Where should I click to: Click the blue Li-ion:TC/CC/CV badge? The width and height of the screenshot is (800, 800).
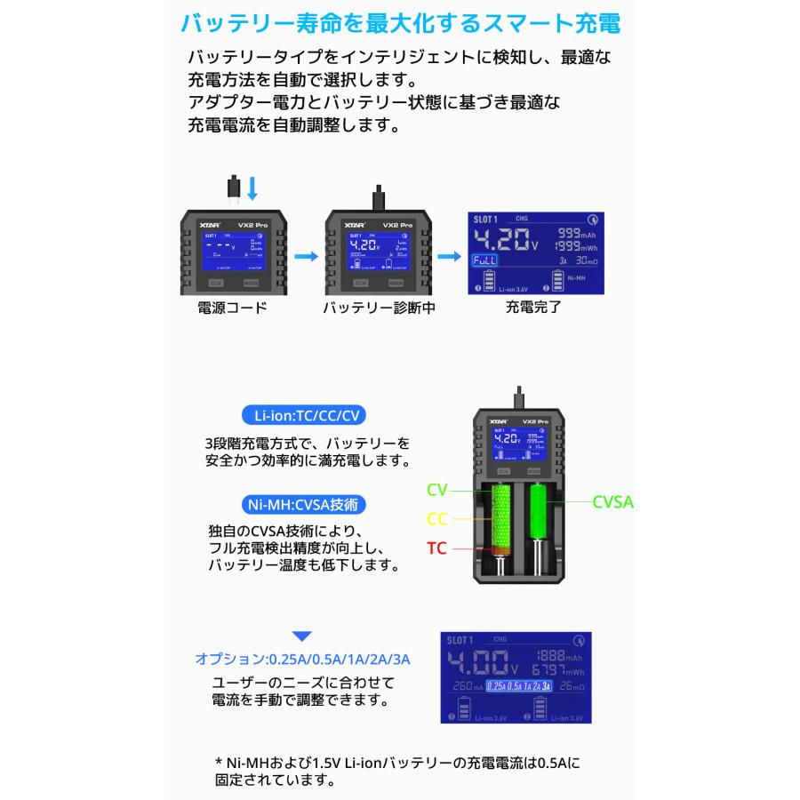(305, 415)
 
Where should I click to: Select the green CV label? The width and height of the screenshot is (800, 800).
(437, 489)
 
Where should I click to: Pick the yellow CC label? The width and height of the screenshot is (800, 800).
(437, 517)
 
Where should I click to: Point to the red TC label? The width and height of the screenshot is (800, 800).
(437, 548)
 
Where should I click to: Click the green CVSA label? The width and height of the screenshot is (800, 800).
(613, 501)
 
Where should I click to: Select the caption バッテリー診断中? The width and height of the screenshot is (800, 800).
(378, 308)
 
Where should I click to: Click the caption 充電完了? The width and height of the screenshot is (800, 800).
(533, 308)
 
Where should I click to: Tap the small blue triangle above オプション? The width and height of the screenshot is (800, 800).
(303, 636)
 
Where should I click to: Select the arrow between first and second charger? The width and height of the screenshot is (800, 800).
(305, 256)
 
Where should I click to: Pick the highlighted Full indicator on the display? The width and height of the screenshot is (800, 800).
(484, 260)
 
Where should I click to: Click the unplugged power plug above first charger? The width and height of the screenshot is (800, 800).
(233, 188)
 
